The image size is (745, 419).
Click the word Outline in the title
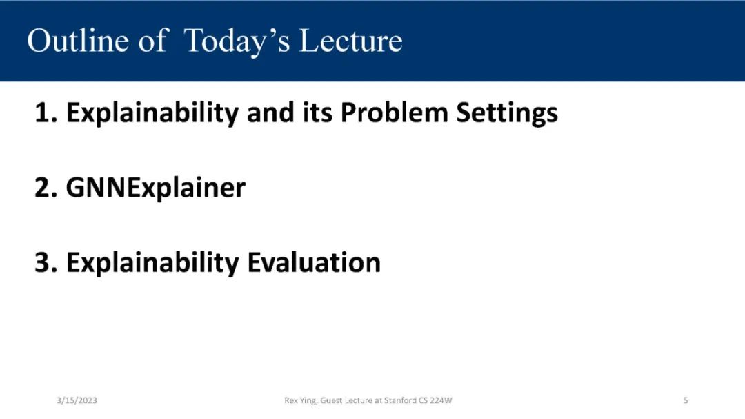(78, 40)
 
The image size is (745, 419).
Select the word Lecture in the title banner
(351, 40)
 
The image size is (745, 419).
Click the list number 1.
(46, 113)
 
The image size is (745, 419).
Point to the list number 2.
(46, 187)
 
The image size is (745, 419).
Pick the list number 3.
(46, 262)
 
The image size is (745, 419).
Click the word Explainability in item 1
(152, 114)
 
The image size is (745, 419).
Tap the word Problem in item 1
(395, 113)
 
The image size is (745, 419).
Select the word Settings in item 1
(507, 114)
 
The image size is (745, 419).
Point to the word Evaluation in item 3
(314, 262)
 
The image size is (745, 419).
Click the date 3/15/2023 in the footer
(77, 400)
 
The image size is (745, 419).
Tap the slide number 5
(686, 400)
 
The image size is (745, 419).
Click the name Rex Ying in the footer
(300, 401)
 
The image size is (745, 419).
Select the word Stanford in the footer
(400, 400)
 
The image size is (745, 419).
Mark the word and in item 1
(270, 113)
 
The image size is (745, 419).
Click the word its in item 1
(317, 113)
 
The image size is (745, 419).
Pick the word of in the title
(153, 40)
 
